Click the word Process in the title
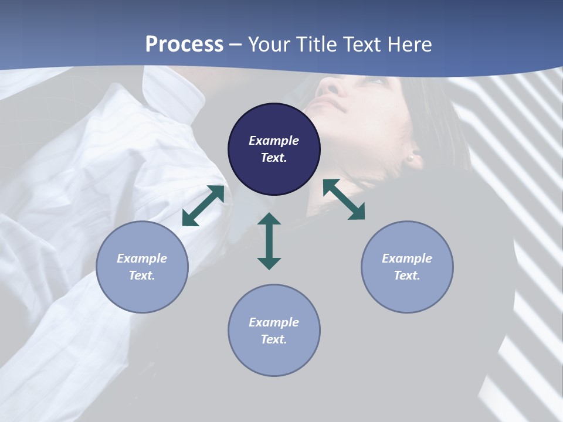(x=184, y=45)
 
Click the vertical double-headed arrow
(x=269, y=241)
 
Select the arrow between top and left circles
(x=203, y=206)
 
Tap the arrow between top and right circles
(x=344, y=199)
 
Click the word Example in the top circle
(x=274, y=141)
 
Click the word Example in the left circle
(x=142, y=258)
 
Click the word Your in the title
(x=267, y=45)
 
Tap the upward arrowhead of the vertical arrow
(x=269, y=220)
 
